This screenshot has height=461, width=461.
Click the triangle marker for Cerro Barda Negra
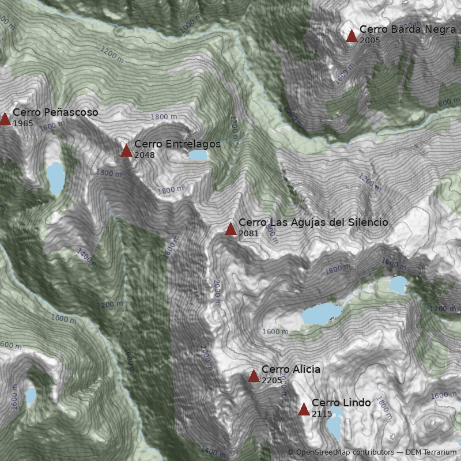click(352, 36)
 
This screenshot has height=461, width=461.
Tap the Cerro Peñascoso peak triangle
click(5, 119)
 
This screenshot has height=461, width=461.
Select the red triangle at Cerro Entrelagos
click(127, 151)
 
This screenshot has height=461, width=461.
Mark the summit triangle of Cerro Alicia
click(254, 376)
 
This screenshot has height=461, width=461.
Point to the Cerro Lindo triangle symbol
click(304, 410)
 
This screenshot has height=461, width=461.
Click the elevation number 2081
click(248, 233)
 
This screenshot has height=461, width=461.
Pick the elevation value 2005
click(369, 40)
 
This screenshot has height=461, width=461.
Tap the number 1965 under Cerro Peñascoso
click(22, 123)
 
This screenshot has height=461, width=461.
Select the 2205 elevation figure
click(272, 381)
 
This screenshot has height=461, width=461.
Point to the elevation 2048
click(145, 155)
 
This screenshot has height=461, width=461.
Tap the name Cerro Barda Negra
click(407, 29)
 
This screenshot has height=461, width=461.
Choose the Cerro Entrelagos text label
click(177, 144)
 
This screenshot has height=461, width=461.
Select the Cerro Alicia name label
click(291, 369)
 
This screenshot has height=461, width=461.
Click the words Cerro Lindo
click(341, 403)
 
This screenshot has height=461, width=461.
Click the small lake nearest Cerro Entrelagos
click(197, 155)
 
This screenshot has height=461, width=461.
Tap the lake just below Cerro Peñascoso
click(56, 177)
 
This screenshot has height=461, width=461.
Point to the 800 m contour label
click(449, 103)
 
